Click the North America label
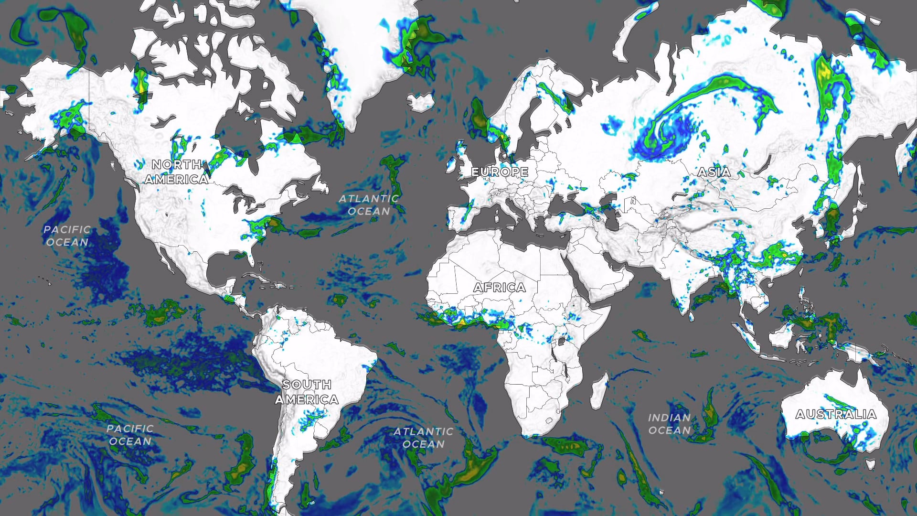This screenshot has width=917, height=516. (x=177, y=172)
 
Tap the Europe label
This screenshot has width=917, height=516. (x=500, y=172)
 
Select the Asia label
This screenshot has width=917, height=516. (x=714, y=172)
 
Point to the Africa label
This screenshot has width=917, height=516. (x=500, y=288)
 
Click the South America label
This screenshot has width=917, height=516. (x=307, y=392)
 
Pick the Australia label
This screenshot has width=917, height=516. (x=836, y=414)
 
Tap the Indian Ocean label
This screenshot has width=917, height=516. (x=669, y=424)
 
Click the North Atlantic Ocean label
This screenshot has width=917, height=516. (x=369, y=205)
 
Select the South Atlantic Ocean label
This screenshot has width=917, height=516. (x=423, y=438)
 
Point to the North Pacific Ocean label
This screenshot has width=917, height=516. (x=67, y=236)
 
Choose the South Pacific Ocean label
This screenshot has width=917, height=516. (x=130, y=435)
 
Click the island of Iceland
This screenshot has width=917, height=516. (x=420, y=102)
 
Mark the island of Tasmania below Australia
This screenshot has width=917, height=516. (x=871, y=464)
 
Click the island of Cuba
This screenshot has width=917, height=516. (x=252, y=277)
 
